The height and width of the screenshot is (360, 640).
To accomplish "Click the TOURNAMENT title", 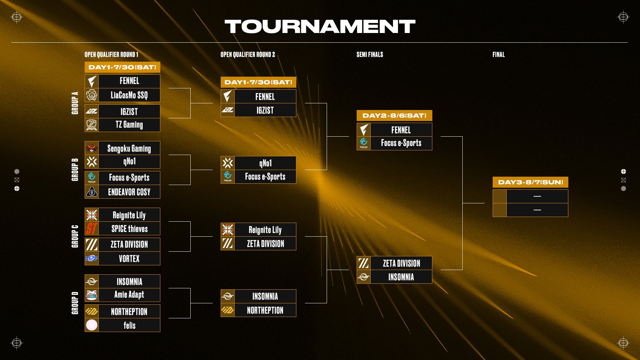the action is tap(320, 26).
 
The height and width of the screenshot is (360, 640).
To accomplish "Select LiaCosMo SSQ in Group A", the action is tap(129, 95).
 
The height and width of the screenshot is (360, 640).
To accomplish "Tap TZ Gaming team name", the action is tap(129, 125).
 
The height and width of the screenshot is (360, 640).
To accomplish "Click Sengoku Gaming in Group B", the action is tap(129, 148).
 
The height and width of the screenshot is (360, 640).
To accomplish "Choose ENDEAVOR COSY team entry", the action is tap(129, 192).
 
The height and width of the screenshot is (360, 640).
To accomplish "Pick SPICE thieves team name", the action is tap(129, 229).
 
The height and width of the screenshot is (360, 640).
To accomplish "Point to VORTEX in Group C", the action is tap(129, 259).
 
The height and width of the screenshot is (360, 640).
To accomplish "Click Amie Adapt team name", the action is tap(129, 295).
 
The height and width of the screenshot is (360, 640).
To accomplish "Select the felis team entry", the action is tap(129, 325).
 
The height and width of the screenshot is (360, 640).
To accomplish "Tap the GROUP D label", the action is tap(75, 303).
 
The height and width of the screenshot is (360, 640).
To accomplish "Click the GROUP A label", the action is tap(75, 103).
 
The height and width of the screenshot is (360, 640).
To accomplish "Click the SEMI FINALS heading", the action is tap(370, 54).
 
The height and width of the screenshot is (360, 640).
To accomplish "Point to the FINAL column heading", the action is tap(498, 54).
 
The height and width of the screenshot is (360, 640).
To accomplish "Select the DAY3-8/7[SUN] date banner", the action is tap(530, 182).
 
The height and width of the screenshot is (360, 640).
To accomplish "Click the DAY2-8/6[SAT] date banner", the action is tap(394, 116).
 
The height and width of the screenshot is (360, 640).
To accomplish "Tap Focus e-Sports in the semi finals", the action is tap(401, 143).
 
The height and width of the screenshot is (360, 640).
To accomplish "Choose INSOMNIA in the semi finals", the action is tap(401, 277).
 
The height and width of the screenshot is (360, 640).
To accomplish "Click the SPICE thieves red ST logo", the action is tap(92, 229).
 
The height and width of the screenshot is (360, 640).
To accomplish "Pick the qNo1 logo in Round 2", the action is tap(228, 163).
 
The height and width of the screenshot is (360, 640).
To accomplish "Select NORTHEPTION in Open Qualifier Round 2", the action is tap(265, 310).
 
